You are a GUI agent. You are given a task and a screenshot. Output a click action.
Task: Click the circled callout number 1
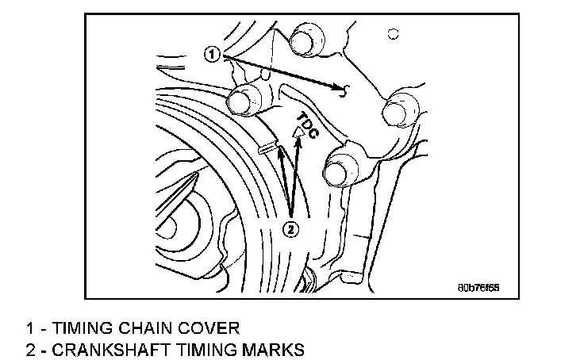click(x=211, y=54)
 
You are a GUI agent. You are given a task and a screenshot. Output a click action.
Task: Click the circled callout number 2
click(x=291, y=229)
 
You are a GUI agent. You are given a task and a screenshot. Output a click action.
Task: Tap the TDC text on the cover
click(x=307, y=125)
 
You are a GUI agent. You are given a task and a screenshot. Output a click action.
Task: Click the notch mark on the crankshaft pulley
click(x=268, y=146)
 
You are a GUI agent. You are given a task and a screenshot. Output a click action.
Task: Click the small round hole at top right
click(x=391, y=34)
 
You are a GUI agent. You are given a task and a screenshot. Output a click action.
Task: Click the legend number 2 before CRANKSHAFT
click(x=30, y=348)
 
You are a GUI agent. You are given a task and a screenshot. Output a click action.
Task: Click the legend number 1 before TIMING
click(x=30, y=327)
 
